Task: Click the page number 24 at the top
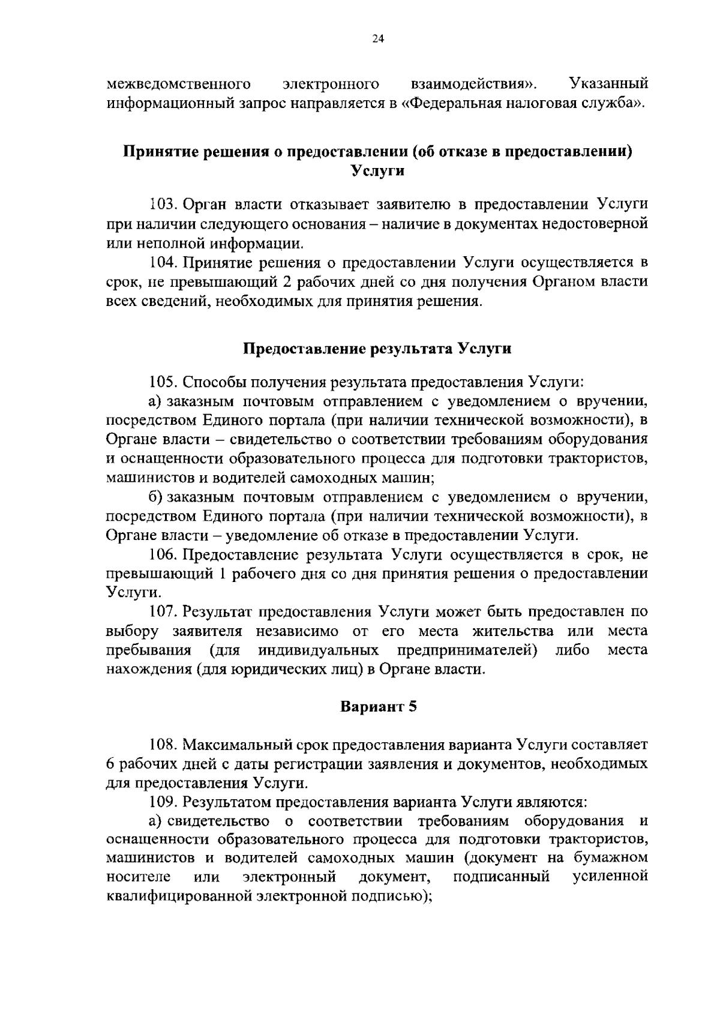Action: coord(377,39)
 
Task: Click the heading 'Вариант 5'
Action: coord(378,706)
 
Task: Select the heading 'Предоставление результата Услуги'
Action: coord(377,349)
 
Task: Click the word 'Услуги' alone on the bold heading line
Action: coord(377,170)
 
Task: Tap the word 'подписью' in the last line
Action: coord(394,897)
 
